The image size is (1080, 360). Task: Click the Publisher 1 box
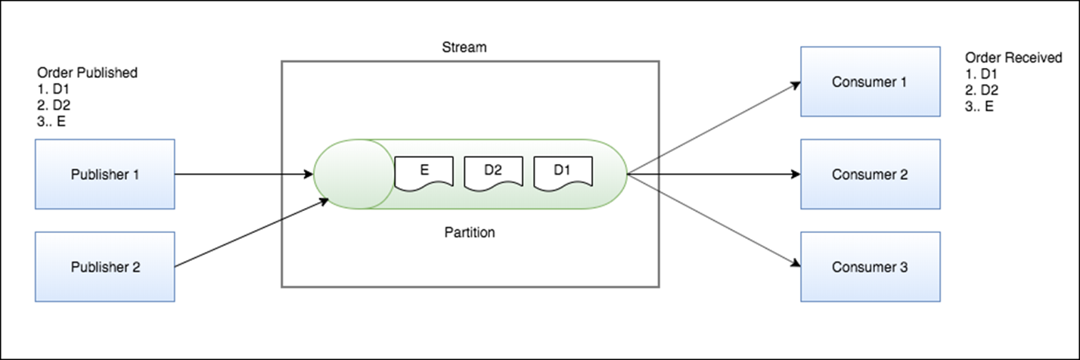[x=105, y=174]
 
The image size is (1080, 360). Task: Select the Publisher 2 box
[x=105, y=267]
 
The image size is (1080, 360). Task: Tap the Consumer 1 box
[x=870, y=81]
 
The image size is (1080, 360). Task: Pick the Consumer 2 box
[x=870, y=174]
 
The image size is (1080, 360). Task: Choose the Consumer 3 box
[x=870, y=267]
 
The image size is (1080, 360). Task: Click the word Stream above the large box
[x=464, y=48]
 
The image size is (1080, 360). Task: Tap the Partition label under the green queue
[x=469, y=232]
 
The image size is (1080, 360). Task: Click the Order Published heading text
[x=87, y=73]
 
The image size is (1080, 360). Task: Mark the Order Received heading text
[x=1013, y=58]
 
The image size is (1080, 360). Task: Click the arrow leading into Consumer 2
[x=715, y=175]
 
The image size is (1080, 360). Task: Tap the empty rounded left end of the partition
[x=349, y=174]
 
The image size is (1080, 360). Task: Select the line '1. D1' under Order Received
[x=982, y=75]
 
